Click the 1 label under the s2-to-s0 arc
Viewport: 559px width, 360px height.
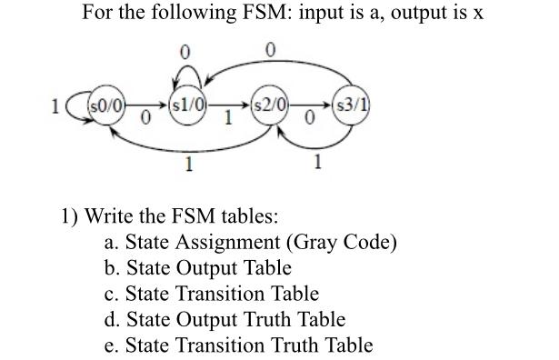(x=188, y=165)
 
